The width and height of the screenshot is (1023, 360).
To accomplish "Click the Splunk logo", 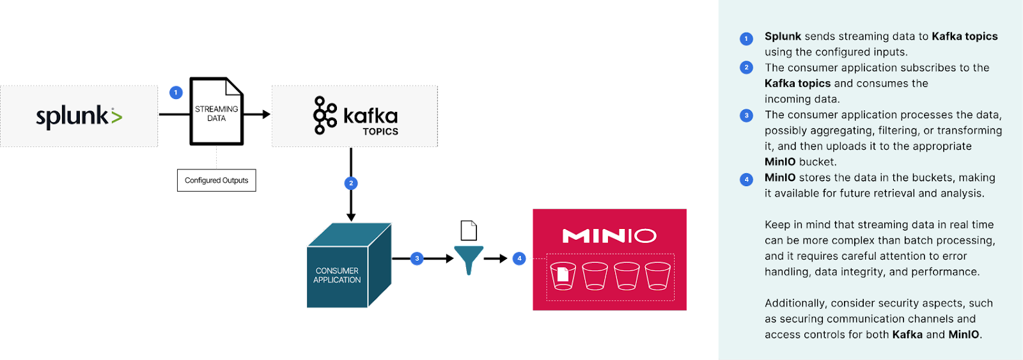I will tap(79, 116).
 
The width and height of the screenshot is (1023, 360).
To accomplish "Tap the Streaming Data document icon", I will tap(217, 112).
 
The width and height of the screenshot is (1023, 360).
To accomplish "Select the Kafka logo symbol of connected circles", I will tap(325, 116).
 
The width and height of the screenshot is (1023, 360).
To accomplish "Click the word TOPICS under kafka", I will tap(380, 132).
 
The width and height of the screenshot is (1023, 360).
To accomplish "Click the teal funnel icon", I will tap(469, 259).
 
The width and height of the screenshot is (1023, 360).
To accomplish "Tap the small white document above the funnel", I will tap(469, 230).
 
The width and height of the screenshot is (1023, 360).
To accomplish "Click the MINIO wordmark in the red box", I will tap(609, 236).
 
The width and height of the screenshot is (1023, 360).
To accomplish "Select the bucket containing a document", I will tap(563, 276).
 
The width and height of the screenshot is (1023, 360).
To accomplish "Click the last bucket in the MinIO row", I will tap(657, 276).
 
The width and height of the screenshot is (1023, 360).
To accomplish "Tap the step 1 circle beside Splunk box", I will tap(176, 93).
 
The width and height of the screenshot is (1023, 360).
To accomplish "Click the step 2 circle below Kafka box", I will tap(350, 184).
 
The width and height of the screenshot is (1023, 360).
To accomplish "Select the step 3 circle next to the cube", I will tap(417, 259).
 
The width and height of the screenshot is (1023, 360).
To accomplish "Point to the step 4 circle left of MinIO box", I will tap(519, 259).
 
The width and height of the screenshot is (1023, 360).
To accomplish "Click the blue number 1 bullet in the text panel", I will tap(746, 39).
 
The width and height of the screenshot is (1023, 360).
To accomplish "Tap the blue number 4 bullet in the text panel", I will tap(746, 180).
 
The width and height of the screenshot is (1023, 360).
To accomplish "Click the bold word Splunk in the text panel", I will tap(783, 36).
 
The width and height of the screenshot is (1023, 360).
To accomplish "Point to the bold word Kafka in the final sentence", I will tap(907, 334).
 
